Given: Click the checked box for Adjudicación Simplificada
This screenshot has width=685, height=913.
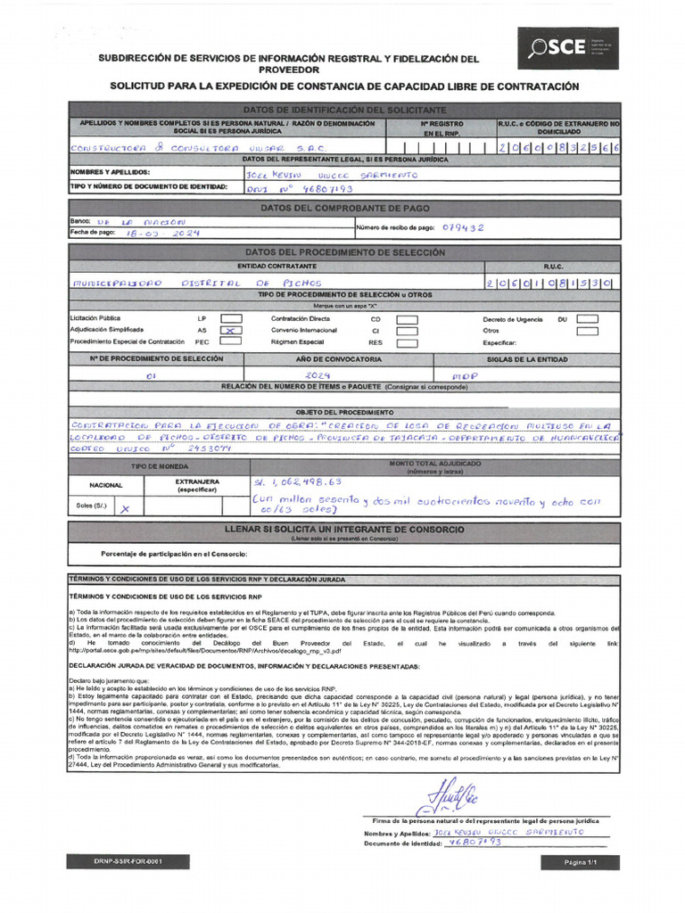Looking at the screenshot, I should pyautogui.click(x=231, y=330).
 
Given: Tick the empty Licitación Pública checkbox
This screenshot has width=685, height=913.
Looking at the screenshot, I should pyautogui.click(x=231, y=318).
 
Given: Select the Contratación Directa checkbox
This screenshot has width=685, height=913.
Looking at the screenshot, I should pyautogui.click(x=407, y=318).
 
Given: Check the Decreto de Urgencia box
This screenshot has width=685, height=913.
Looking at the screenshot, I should pyautogui.click(x=587, y=318).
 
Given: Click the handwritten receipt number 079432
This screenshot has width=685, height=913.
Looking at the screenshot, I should pyautogui.click(x=463, y=227).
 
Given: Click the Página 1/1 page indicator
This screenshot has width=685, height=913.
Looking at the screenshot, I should pyautogui.click(x=579, y=862).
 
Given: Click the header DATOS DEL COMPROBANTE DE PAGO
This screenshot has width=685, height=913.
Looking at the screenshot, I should pyautogui.click(x=344, y=208).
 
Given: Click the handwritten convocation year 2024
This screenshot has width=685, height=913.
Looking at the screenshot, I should pyautogui.click(x=318, y=375).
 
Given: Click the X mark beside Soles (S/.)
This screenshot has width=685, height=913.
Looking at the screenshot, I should pyautogui.click(x=125, y=507).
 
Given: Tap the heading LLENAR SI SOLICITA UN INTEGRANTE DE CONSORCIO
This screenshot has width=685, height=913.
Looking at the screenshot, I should pyautogui.click(x=344, y=530).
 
